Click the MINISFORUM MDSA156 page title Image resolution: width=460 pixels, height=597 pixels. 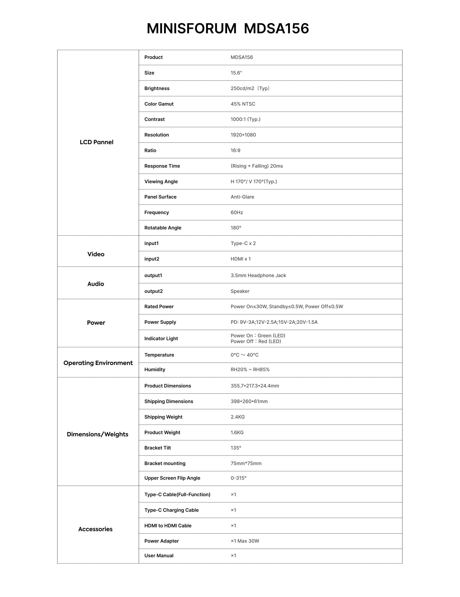pos(228,28)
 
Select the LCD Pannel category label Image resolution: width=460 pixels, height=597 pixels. pos(96,142)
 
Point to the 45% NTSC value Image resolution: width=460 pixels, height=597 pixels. pos(243,104)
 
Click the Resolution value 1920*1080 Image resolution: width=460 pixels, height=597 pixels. pos(243,135)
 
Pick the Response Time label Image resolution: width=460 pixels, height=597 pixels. pos(162,166)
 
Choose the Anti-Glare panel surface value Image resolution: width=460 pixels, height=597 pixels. pos(242,197)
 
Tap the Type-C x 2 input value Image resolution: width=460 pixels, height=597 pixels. pos(243,243)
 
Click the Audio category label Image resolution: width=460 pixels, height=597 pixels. pos(96,284)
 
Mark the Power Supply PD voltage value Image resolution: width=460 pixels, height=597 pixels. pos(274,322)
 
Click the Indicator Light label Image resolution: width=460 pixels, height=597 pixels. pos(161,338)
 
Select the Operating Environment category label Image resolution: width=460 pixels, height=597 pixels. pos(98,363)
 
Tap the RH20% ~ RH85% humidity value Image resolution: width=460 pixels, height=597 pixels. pos(250,370)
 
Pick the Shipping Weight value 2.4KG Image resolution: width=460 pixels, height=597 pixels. pos(237,417)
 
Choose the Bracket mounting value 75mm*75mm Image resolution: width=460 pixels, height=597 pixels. pos(246,463)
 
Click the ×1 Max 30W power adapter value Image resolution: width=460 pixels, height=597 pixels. pos(245,541)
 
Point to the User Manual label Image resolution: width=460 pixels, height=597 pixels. pos(159,555)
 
